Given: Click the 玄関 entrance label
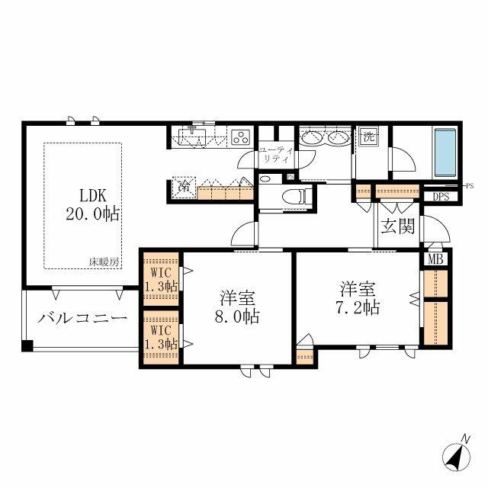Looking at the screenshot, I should pos(398,226).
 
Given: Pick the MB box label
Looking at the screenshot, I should pos(435,258).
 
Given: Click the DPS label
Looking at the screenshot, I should pos(441,196).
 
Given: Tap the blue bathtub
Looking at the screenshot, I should pos(443,152).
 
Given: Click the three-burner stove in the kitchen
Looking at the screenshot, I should pos(241,137).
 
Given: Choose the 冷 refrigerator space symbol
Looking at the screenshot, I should pos(185,186).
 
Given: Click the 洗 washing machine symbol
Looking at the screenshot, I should pos(369,137).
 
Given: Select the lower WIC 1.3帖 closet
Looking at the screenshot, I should pos(160,336).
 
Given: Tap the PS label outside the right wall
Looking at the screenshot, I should pos(470,185).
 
